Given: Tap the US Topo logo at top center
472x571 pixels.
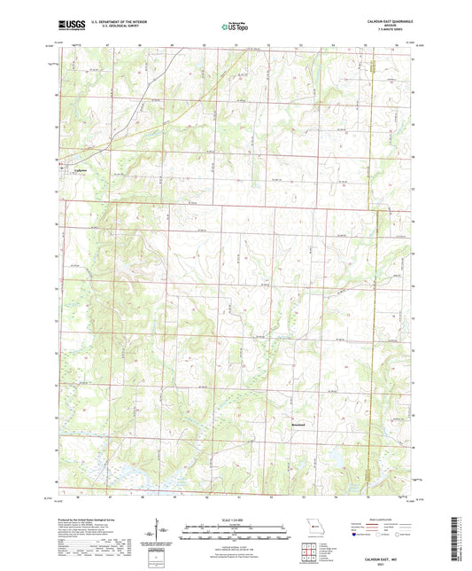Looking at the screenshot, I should click(235, 27).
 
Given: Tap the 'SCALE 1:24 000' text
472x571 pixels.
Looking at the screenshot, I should click(236, 520).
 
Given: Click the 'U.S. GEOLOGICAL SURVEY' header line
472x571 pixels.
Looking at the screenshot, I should click(108, 27).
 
